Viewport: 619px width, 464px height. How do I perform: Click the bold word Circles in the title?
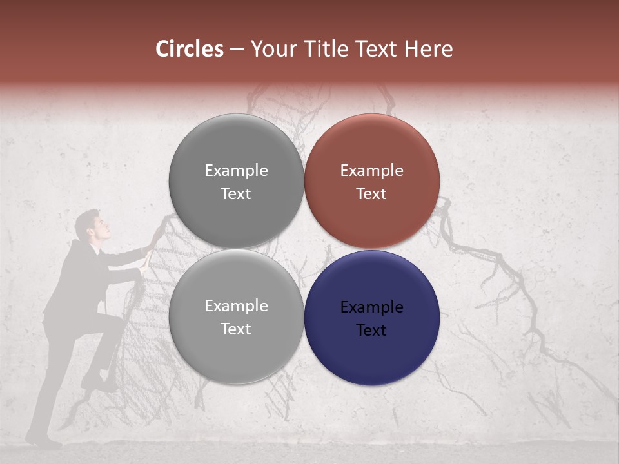click(189, 49)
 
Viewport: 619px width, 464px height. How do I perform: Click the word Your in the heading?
click(273, 49)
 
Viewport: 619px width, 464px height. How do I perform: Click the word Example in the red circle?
click(371, 171)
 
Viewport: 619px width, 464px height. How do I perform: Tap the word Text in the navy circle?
click(371, 331)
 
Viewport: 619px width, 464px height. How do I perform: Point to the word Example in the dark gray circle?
click(236, 171)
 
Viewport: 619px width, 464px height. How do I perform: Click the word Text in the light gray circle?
click(236, 329)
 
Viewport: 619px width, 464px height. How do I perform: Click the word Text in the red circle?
click(371, 194)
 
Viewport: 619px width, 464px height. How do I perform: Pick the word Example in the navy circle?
click(371, 307)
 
